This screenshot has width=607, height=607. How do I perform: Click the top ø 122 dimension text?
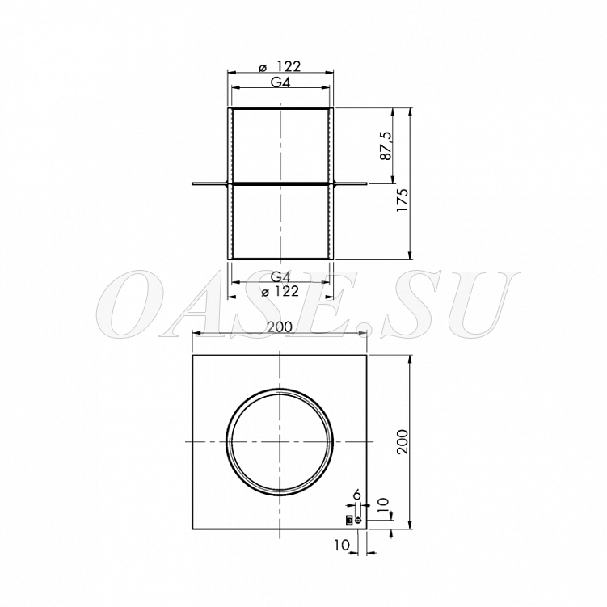pos(280,66)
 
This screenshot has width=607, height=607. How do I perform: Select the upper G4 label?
pos(280,82)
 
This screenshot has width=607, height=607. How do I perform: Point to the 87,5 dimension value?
pos(386,146)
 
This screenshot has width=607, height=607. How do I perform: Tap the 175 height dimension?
pos(403,200)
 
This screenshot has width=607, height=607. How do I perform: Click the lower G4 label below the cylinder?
pos(280,276)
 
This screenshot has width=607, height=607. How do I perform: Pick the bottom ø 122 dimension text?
pos(280,291)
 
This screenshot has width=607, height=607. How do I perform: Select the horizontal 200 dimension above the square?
pos(280,327)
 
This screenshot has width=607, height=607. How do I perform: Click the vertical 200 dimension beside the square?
pos(403,441)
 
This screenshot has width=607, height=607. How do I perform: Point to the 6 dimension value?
pos(357,495)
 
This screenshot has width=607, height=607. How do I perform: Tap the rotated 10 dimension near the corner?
pos(383,505)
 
